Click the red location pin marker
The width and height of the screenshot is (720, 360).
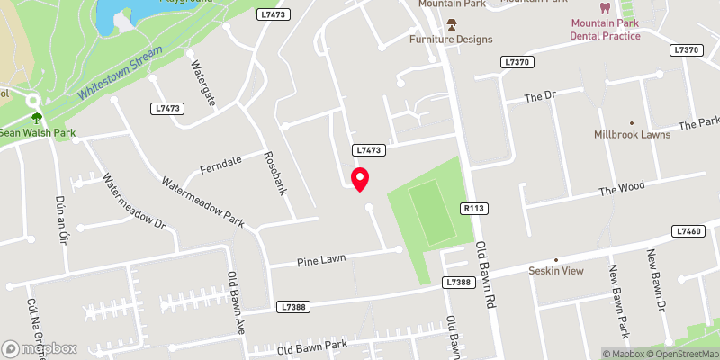tap(360, 179)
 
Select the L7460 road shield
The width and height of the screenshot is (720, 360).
tap(688, 231)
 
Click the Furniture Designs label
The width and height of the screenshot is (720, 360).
tap(451, 40)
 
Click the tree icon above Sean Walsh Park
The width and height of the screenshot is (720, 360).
tap(37, 117)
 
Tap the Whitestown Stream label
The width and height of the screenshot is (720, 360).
tap(118, 72)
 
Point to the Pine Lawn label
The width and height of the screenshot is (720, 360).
tap(322, 259)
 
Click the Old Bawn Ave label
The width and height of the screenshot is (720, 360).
tap(237, 298)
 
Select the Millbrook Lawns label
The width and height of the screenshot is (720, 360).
tap(630, 135)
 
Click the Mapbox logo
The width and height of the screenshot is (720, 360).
tap(40, 348)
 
